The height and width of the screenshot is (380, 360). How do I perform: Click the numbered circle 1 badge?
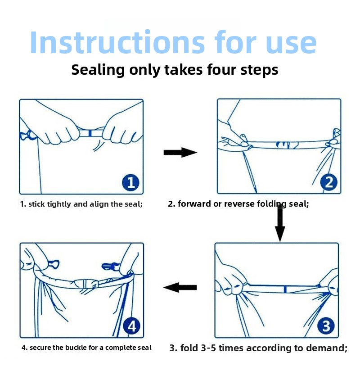(130, 182)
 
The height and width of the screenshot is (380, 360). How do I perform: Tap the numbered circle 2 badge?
(328, 182)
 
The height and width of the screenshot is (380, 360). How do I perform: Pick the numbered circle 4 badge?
(131, 326)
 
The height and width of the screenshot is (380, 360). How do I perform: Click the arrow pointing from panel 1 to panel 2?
(180, 153)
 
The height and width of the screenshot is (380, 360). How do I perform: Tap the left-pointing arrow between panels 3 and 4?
(180, 287)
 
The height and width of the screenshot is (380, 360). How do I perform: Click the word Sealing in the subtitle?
(98, 70)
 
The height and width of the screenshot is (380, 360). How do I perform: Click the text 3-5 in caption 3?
(208, 348)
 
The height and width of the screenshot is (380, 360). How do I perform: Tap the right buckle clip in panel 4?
(110, 266)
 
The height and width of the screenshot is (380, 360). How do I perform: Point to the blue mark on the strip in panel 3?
(285, 289)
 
